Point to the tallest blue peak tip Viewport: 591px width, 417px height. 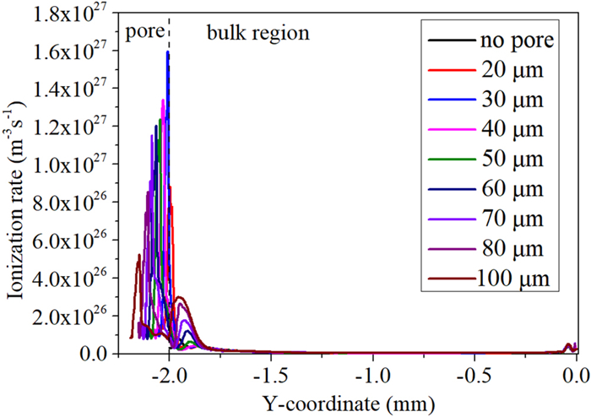click(168, 52)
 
